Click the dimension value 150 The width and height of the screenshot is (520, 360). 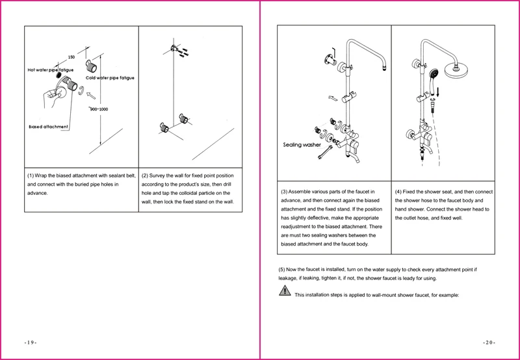click(x=71, y=57)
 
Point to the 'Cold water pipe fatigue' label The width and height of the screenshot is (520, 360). click(x=110, y=78)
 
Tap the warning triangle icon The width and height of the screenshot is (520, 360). click(x=285, y=293)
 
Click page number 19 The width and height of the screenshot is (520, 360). click(x=32, y=342)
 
